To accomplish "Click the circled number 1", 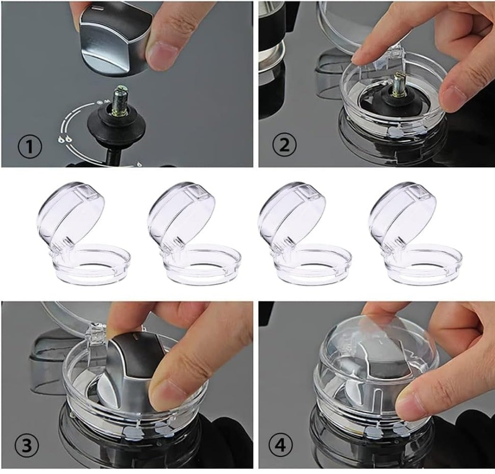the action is point(30,147).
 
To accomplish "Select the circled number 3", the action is point(26,446).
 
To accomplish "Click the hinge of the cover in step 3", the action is point(96,335).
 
